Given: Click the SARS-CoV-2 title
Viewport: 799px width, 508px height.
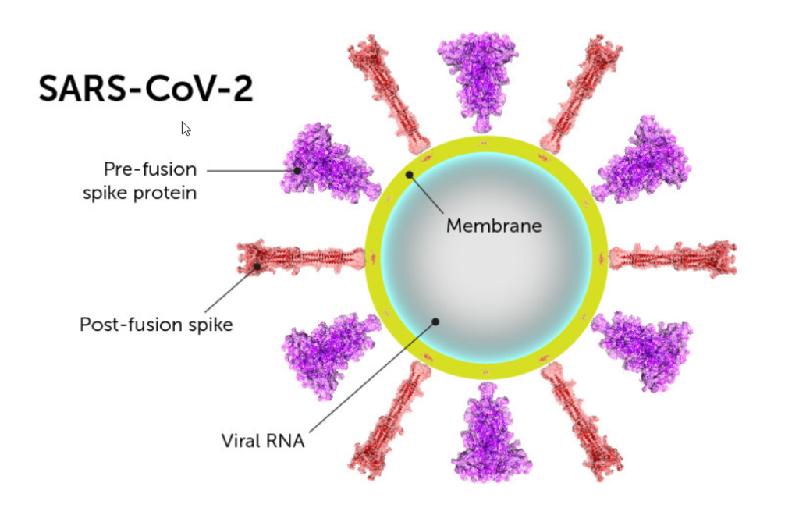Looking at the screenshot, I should (x=146, y=89).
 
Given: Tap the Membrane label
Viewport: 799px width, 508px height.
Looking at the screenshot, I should (x=493, y=226).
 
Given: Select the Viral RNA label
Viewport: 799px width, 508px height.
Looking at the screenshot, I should (x=262, y=441).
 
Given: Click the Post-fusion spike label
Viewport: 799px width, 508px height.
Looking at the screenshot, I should (x=156, y=324).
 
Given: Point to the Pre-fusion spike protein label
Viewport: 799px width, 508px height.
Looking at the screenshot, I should (x=140, y=180).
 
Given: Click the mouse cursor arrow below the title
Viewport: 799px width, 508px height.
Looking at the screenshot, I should (x=186, y=128).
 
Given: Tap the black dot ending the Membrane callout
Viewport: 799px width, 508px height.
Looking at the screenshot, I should (x=410, y=174).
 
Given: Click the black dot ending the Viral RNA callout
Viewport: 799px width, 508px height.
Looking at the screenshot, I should (x=436, y=321).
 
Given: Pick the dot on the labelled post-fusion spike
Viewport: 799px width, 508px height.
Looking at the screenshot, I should (x=257, y=267).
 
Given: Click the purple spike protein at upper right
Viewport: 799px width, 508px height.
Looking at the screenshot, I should (x=644, y=162).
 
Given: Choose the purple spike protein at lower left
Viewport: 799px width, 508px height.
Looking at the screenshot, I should (x=322, y=353).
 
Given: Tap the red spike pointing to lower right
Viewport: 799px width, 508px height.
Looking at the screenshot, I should (x=585, y=421).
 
